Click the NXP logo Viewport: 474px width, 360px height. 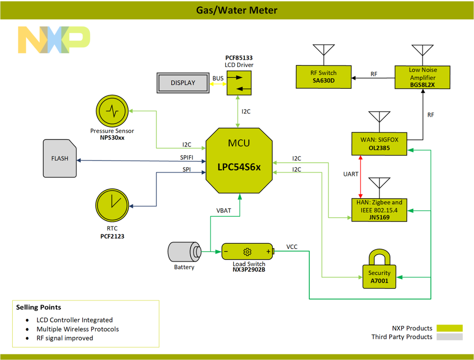[54, 39]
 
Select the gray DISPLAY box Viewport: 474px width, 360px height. [183, 83]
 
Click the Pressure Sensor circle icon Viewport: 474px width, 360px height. [112, 111]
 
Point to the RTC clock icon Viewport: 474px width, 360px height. [112, 205]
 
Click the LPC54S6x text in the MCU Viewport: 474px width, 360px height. [239, 167]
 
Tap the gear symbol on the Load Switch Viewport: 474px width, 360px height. [247, 251]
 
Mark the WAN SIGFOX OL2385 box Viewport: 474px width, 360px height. [379, 144]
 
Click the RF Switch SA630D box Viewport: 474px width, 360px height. [323, 77]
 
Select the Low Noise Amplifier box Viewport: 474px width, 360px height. [422, 77]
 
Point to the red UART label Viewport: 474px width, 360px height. [351, 175]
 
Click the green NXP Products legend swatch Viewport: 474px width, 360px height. [449, 328]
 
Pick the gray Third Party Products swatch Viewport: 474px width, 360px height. [449, 337]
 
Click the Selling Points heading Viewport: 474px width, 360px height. [38, 307]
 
